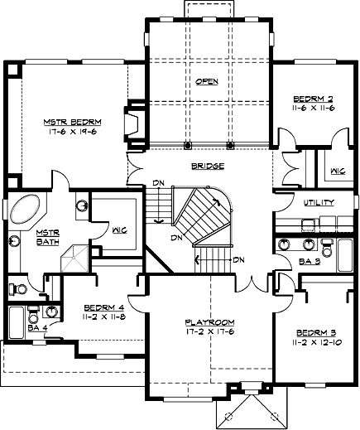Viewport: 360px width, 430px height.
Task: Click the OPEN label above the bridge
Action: (207, 81)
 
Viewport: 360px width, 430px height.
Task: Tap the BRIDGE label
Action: (208, 166)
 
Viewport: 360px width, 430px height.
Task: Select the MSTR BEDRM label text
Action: (73, 122)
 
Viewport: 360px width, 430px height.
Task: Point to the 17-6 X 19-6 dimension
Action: (73, 132)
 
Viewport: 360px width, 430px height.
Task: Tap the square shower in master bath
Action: (74, 258)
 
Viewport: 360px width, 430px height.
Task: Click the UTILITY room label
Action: (319, 202)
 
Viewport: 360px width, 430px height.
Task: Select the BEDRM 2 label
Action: (313, 99)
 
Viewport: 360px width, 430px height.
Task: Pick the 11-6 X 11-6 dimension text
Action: (313, 108)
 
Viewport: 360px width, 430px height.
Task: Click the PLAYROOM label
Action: (210, 322)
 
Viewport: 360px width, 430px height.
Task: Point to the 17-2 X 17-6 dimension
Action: (210, 331)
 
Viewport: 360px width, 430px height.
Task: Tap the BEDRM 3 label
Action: (316, 333)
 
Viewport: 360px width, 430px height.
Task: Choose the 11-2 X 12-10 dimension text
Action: (317, 342)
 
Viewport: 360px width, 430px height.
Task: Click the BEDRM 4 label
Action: (104, 307)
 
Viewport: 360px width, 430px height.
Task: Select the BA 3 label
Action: (310, 261)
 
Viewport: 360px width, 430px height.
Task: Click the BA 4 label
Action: (38, 328)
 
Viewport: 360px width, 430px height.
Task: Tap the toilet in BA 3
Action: (328, 248)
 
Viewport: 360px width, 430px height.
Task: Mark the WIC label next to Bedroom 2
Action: (338, 172)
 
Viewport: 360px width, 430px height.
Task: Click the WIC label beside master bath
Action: (120, 230)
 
